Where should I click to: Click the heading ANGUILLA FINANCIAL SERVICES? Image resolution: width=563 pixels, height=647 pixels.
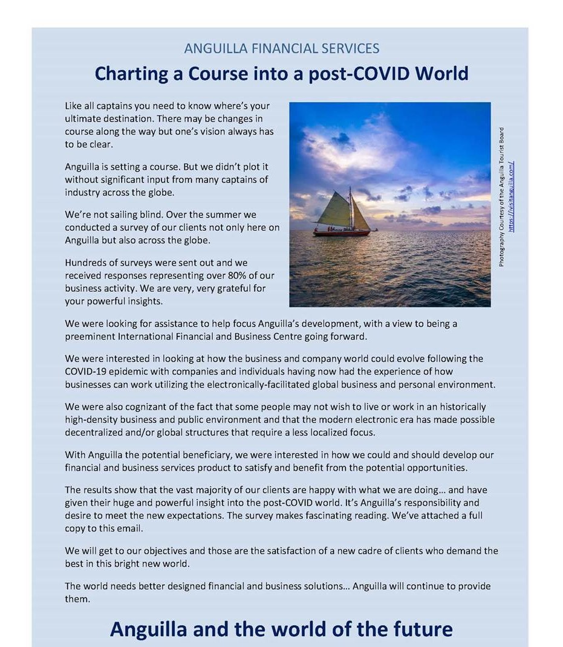coord(281,48)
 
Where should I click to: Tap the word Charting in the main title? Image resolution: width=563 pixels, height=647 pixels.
coord(129,74)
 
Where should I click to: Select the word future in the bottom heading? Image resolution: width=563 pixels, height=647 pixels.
coord(423,629)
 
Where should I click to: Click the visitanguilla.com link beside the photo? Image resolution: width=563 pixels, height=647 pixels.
coord(512,197)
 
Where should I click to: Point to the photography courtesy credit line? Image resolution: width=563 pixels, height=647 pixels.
coord(501,197)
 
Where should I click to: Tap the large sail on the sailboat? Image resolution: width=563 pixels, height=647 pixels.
coord(336,210)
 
